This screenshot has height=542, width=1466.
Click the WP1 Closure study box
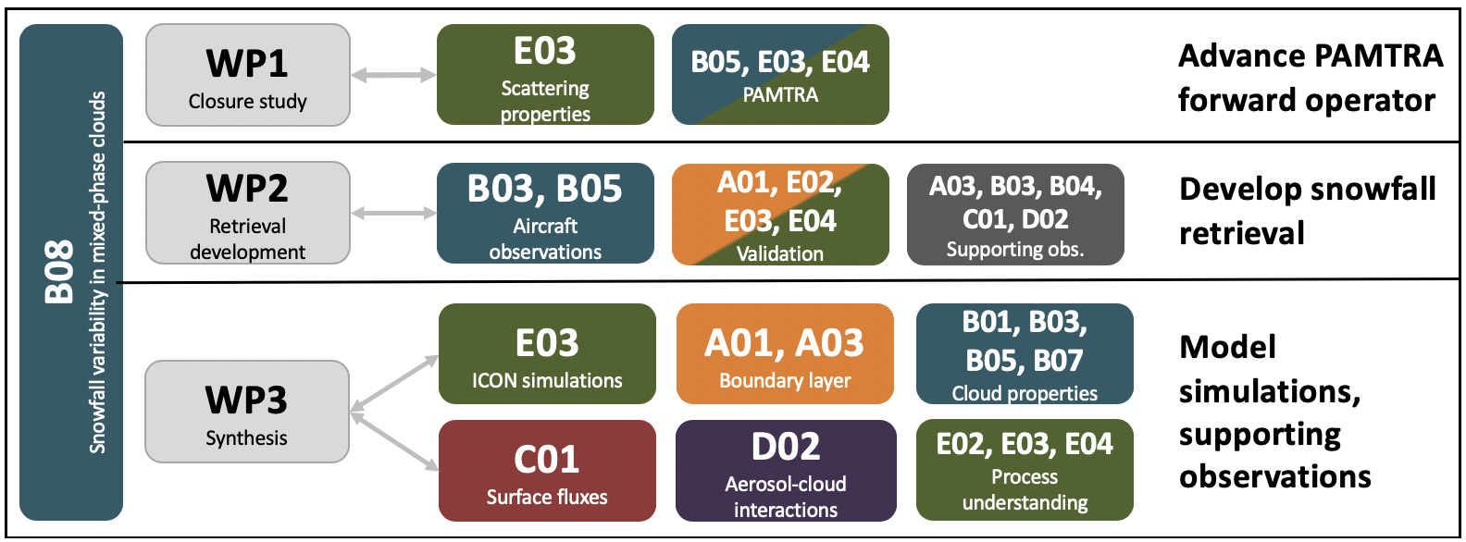[x=248, y=75]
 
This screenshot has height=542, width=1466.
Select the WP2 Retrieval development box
[x=248, y=213]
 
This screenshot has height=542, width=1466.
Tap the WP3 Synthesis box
[x=247, y=412]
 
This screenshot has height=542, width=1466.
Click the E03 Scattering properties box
[x=545, y=75]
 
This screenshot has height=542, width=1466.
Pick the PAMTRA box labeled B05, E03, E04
[x=780, y=75]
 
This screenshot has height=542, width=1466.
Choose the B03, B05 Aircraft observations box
[x=545, y=213]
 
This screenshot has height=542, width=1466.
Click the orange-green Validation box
[x=780, y=215]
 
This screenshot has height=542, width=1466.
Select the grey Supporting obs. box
[x=1015, y=215]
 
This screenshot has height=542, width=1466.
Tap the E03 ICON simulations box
[x=547, y=353]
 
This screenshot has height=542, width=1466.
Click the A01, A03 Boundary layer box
[x=785, y=353]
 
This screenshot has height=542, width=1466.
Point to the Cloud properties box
[x=1025, y=353]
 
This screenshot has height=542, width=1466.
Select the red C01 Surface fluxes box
[x=547, y=471]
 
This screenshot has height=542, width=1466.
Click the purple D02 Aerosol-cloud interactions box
[x=786, y=471]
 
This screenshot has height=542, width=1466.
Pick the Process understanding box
[x=1025, y=470]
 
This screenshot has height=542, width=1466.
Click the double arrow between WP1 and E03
[x=393, y=75]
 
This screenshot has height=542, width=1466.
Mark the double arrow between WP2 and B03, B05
[x=393, y=213]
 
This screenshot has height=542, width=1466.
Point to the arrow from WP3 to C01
[x=394, y=441]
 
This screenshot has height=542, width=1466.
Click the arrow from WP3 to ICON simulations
[x=394, y=384]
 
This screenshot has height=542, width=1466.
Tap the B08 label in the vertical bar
[x=59, y=272]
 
